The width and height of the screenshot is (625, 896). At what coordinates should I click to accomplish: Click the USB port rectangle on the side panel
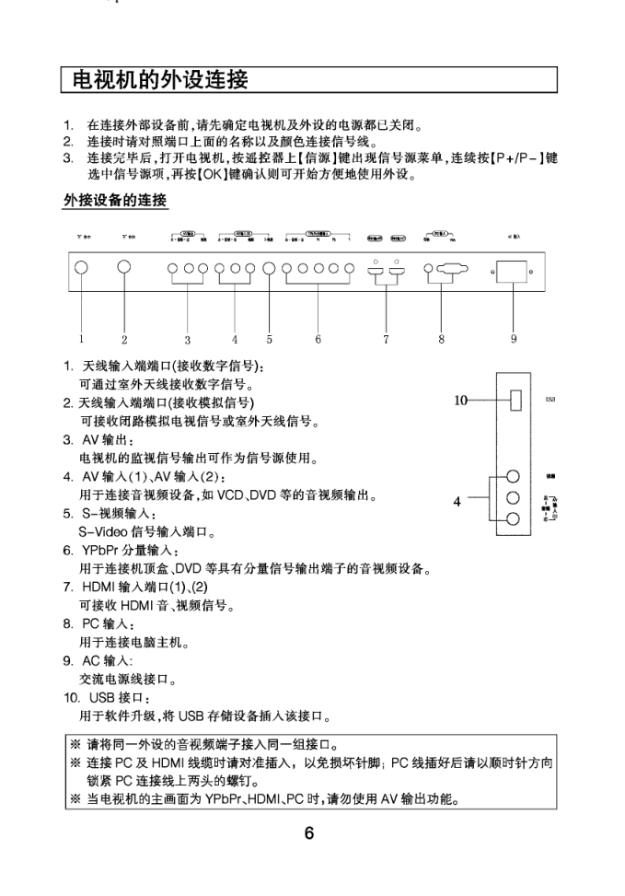[x=517, y=401]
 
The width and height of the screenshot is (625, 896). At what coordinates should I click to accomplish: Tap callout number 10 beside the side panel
[x=460, y=400]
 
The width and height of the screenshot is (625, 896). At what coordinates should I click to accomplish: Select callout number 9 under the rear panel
[x=514, y=339]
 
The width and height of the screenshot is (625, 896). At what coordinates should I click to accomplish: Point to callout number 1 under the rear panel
[x=80, y=339]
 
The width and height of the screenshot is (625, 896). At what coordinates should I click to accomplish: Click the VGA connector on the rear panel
[x=449, y=270]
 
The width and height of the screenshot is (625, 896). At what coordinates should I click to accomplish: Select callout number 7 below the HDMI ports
[x=387, y=339]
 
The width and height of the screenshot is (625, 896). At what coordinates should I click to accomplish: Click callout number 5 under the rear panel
[x=270, y=339]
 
